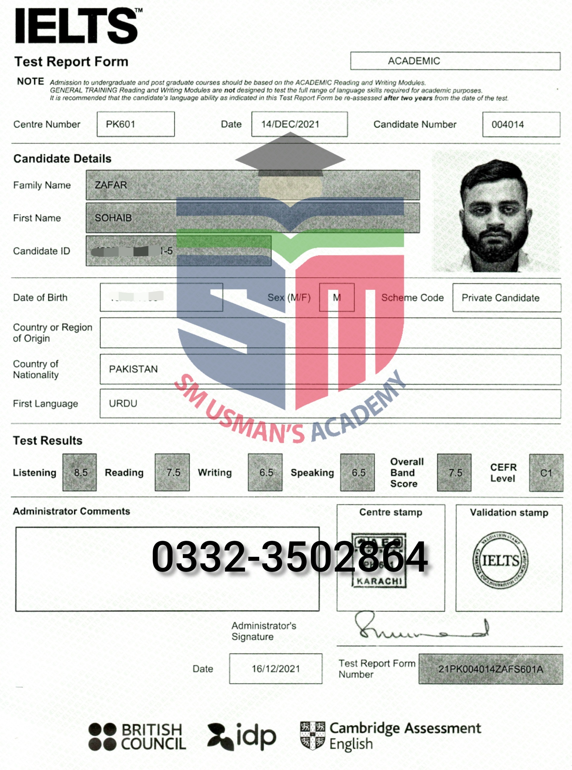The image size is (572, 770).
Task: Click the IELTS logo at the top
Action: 77,26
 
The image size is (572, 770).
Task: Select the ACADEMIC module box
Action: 455,61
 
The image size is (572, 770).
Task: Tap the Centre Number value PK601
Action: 120,124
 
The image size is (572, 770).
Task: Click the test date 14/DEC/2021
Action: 290,124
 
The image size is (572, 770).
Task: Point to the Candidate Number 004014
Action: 508,125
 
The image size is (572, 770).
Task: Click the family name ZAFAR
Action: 111,185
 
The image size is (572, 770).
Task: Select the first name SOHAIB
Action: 113,218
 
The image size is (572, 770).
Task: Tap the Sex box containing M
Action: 337,297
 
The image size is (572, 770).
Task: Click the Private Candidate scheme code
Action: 500,298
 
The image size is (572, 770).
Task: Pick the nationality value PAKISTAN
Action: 133,369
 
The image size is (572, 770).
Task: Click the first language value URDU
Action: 123,404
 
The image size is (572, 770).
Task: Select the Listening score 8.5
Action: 80,472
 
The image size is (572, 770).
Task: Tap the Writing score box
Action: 265,472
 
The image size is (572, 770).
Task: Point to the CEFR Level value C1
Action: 546,473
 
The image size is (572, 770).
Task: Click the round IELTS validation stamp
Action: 501,560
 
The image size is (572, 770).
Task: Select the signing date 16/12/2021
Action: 276,669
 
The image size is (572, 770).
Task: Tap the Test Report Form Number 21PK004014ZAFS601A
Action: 491,669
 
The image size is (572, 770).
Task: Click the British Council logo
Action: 137,737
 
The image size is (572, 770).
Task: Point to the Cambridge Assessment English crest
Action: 313,735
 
